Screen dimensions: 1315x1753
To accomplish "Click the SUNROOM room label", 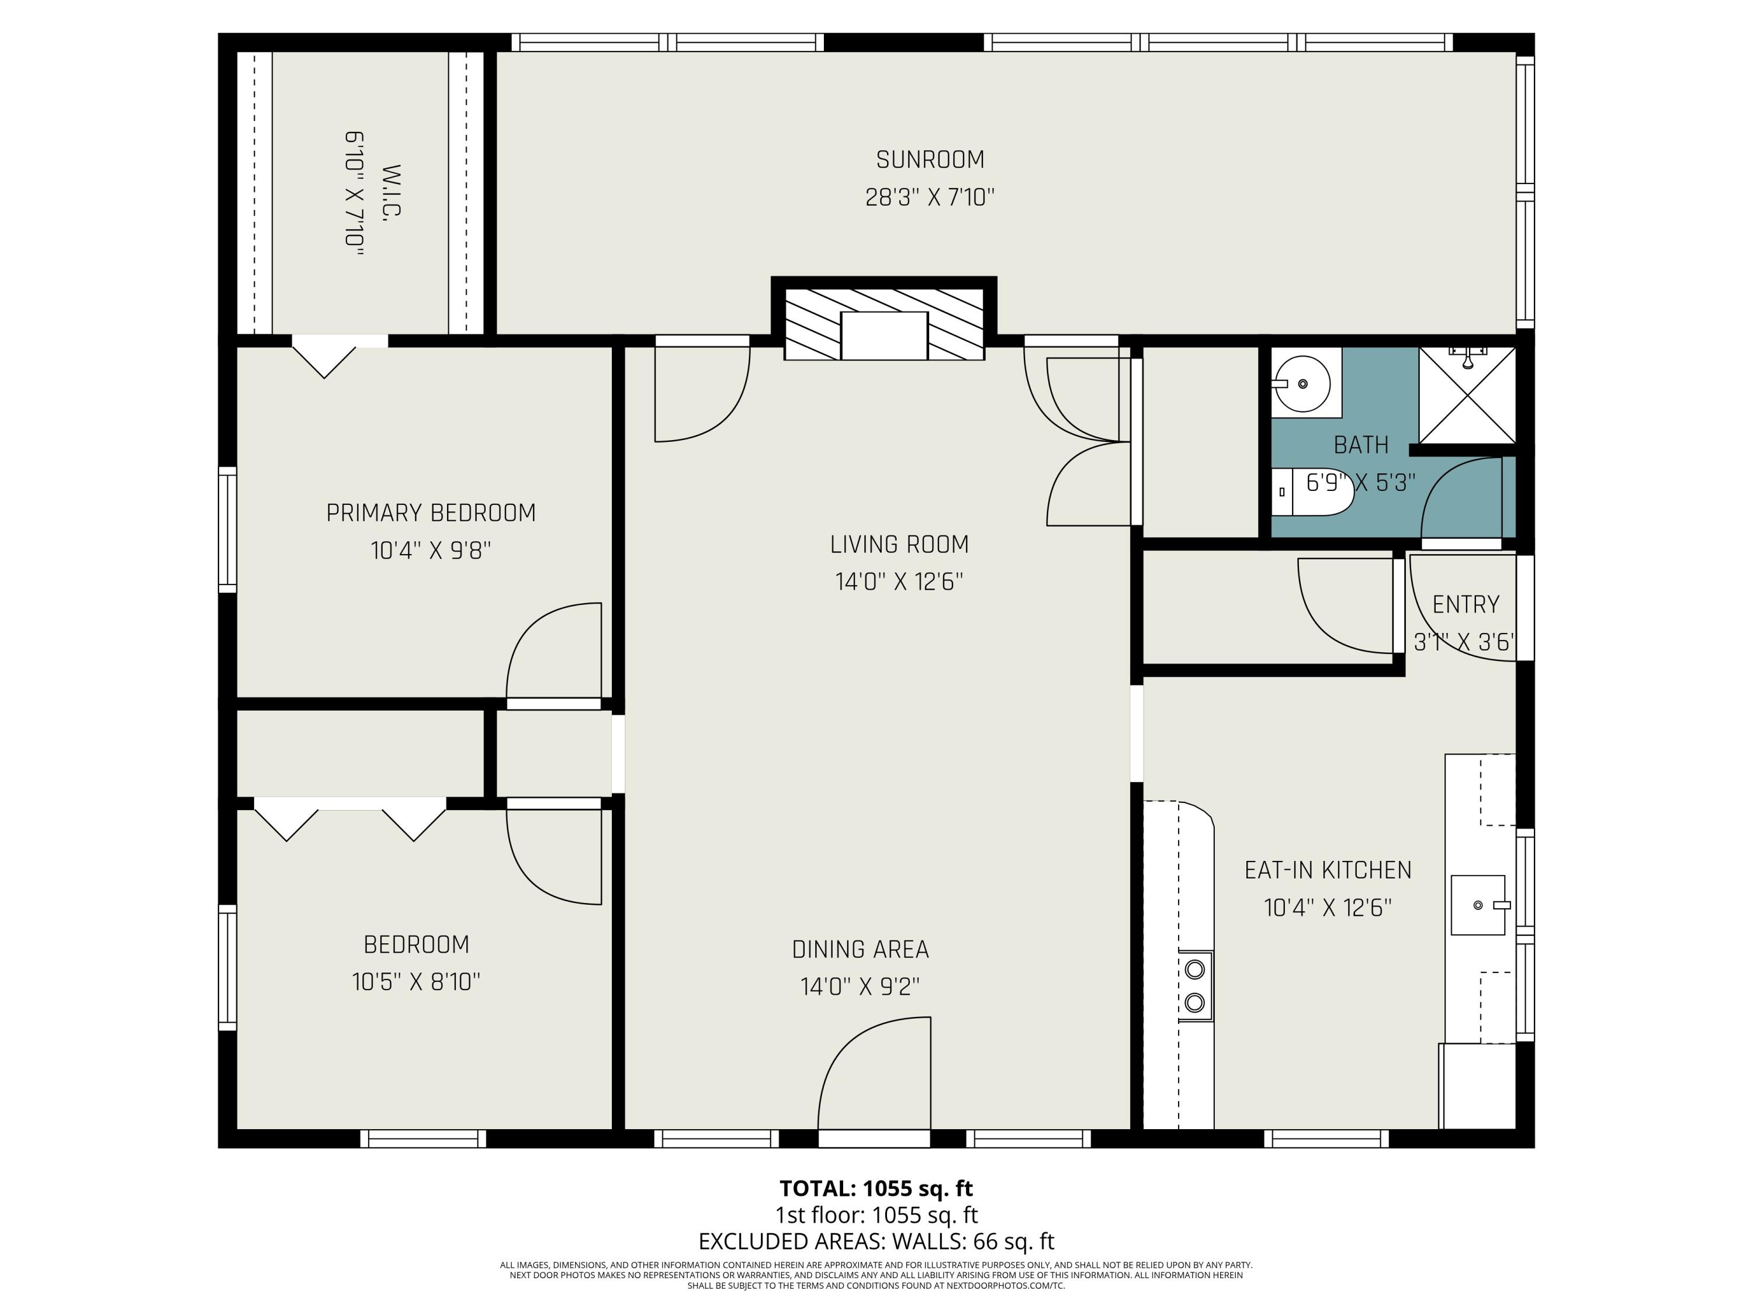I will (x=930, y=160).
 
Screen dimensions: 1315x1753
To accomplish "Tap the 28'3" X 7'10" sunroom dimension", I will (x=930, y=198).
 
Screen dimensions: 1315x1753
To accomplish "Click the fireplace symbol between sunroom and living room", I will (x=884, y=324).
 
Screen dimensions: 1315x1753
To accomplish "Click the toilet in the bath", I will (x=1315, y=492).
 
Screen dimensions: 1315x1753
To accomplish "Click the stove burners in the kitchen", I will (x=1195, y=986).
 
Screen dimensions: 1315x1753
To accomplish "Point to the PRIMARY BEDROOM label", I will (x=431, y=513).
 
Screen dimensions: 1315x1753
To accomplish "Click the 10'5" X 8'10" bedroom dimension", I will (x=416, y=982).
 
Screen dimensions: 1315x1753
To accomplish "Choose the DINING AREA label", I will (x=860, y=949).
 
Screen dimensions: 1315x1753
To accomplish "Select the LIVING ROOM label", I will (x=899, y=545).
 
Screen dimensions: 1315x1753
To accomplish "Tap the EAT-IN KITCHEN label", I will (x=1328, y=870).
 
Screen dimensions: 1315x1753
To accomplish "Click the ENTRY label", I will (x=1466, y=605).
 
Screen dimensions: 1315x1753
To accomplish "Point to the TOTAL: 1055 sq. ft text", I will (x=876, y=1188).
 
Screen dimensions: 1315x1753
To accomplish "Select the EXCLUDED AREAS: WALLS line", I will (x=876, y=1241).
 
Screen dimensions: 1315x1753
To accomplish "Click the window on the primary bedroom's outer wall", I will (x=227, y=530).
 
